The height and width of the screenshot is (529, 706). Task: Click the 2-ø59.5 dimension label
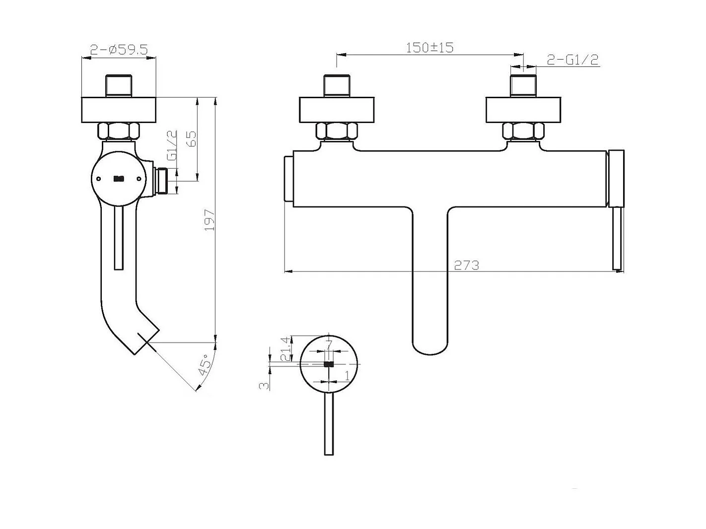pyautogui.click(x=119, y=50)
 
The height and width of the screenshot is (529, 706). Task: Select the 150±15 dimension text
pyautogui.click(x=429, y=48)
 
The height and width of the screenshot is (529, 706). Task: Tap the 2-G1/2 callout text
pyautogui.click(x=572, y=60)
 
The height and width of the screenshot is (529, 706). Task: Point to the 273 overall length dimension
pyautogui.click(x=467, y=265)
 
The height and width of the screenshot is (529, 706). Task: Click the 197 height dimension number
pyautogui.click(x=210, y=220)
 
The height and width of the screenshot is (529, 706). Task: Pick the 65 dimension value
pyautogui.click(x=191, y=138)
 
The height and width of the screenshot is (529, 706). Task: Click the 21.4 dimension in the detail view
pyautogui.click(x=285, y=348)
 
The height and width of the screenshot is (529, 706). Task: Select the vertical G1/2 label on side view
pyautogui.click(x=172, y=145)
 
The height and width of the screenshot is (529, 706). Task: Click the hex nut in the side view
pyautogui.click(x=118, y=131)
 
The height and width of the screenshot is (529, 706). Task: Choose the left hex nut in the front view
pyautogui.click(x=336, y=131)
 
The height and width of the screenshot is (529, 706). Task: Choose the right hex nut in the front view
pyautogui.click(x=523, y=131)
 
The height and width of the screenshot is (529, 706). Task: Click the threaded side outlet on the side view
pyautogui.click(x=162, y=182)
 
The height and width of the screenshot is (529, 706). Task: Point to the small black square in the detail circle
pyautogui.click(x=328, y=364)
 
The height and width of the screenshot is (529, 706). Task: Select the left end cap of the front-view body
pyautogui.click(x=288, y=179)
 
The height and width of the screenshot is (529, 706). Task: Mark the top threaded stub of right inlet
pyautogui.click(x=523, y=85)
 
